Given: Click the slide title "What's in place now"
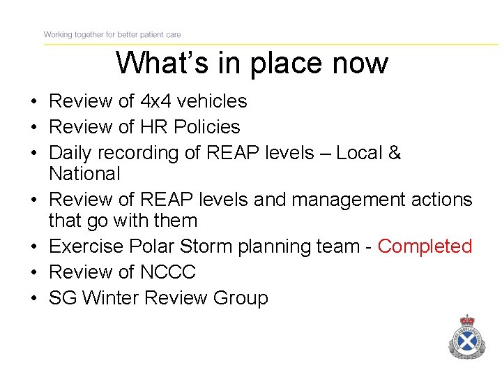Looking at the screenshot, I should click(252, 63).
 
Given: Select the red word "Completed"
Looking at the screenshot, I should click(425, 246).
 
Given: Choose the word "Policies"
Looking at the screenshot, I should click(207, 127).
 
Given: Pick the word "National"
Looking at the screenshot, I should click(84, 173).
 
